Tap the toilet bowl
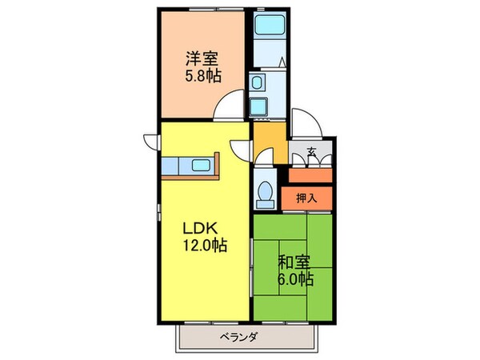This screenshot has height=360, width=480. click(264, 192)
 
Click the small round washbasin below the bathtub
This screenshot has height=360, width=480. click(256, 82)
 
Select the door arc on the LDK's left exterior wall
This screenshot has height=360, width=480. click(150, 139)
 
